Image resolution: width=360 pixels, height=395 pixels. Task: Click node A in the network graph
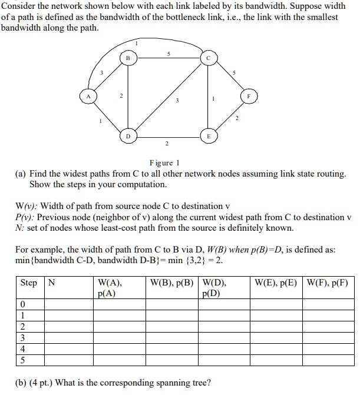88,97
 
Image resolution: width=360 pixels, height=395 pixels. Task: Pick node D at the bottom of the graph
128,136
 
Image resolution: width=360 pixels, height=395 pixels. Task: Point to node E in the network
208,136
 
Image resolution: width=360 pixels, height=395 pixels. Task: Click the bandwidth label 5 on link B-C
169,53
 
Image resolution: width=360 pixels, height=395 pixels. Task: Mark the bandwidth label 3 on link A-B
101,72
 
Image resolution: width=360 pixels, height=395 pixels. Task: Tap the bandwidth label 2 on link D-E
167,144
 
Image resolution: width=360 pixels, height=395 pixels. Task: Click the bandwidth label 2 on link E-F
237,120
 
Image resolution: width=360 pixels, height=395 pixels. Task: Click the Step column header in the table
28,283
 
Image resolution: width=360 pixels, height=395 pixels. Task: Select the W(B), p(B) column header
171,283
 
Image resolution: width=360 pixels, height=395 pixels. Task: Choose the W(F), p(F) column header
327,283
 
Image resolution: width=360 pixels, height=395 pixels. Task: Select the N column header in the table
51,283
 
